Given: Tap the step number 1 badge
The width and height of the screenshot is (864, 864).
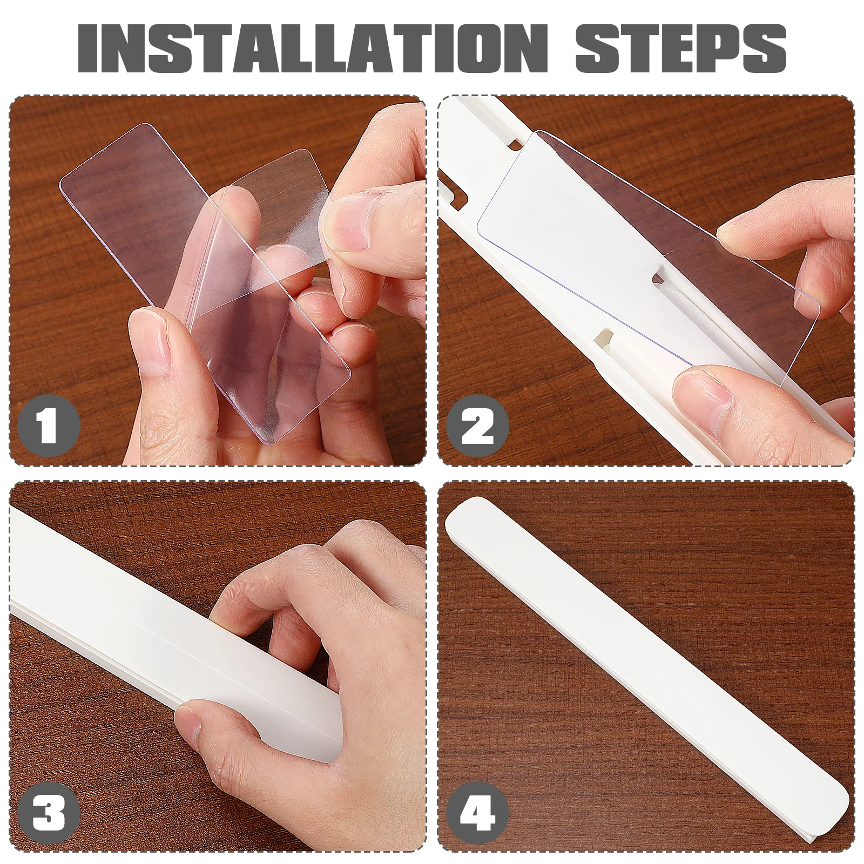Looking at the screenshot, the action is [49, 427].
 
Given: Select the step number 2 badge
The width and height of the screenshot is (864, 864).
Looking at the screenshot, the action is [477, 427].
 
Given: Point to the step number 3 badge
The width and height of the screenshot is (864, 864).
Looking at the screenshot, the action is [49, 813].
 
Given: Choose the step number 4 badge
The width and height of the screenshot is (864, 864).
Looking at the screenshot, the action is [477, 813].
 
